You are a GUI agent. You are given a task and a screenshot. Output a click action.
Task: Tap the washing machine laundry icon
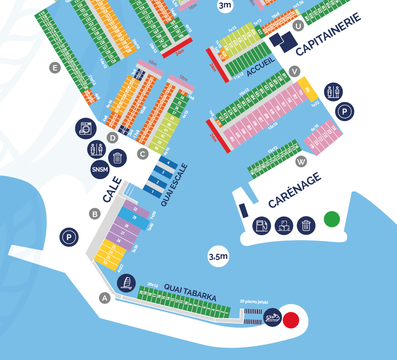(x=86, y=129)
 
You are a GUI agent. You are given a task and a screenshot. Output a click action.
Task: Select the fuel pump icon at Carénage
(x=261, y=226)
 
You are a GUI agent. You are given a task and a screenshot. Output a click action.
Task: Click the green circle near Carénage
(x=332, y=219)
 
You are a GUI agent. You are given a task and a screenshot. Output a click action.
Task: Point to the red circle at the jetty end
(x=291, y=320)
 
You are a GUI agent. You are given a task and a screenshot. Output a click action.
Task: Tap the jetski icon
(x=272, y=318)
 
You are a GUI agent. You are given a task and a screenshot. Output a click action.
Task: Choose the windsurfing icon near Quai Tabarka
(x=126, y=283)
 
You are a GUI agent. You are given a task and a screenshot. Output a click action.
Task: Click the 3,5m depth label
(x=218, y=256)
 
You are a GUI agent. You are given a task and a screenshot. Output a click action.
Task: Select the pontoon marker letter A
(x=105, y=298)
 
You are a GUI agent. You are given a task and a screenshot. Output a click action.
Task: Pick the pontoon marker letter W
(x=301, y=162)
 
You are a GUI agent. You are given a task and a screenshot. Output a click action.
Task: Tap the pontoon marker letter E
(x=55, y=68)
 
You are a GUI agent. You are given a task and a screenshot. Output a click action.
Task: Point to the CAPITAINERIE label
(x=328, y=34)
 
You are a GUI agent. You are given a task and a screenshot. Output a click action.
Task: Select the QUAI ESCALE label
(x=174, y=185)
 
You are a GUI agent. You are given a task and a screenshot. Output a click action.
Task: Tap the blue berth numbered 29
(x=133, y=218)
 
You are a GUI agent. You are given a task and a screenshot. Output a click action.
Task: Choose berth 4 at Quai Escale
(x=168, y=163)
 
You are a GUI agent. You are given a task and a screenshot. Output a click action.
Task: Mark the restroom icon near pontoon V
(x=334, y=92)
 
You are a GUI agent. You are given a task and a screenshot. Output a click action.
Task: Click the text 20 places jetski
(x=254, y=302)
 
